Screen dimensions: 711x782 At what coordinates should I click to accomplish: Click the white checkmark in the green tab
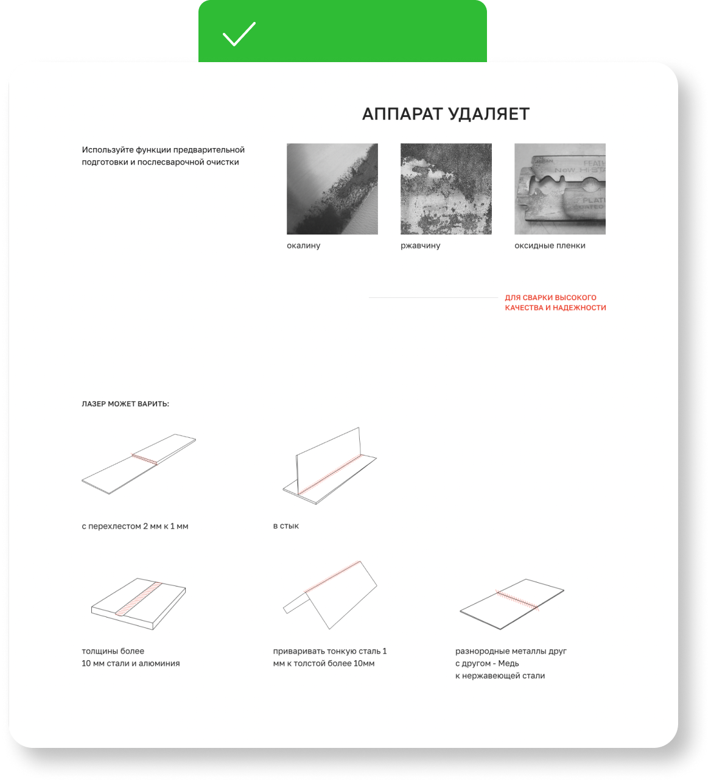click(239, 34)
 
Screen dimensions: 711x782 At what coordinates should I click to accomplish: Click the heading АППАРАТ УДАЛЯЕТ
click(446, 114)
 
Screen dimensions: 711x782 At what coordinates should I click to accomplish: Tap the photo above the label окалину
click(332, 189)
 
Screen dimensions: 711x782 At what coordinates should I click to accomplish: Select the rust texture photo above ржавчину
click(446, 189)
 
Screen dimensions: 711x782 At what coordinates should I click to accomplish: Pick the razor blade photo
click(560, 189)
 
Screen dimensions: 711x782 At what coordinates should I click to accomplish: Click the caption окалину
click(303, 245)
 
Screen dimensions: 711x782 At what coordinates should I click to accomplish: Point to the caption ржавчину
click(420, 245)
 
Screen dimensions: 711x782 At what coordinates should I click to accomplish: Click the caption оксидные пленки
click(550, 245)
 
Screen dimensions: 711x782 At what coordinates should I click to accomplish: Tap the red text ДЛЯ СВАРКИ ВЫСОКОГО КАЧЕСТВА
click(555, 303)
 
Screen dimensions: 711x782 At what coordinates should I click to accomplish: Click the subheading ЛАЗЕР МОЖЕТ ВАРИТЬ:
click(125, 404)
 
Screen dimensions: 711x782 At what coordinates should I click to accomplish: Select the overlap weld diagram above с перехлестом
click(138, 464)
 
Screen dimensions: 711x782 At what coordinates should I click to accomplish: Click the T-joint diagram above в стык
click(329, 465)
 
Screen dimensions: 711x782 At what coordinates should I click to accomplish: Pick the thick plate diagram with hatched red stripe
click(138, 604)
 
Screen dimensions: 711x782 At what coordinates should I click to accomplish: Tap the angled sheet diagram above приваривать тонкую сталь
click(330, 594)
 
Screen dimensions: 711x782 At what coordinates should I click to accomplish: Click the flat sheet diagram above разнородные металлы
click(512, 604)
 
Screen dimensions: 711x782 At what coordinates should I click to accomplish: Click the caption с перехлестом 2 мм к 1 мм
click(135, 526)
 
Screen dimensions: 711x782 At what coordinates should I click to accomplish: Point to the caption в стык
click(285, 526)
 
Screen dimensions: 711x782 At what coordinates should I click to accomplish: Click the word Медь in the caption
click(508, 663)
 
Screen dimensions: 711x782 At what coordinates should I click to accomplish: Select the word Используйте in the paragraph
click(107, 150)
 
